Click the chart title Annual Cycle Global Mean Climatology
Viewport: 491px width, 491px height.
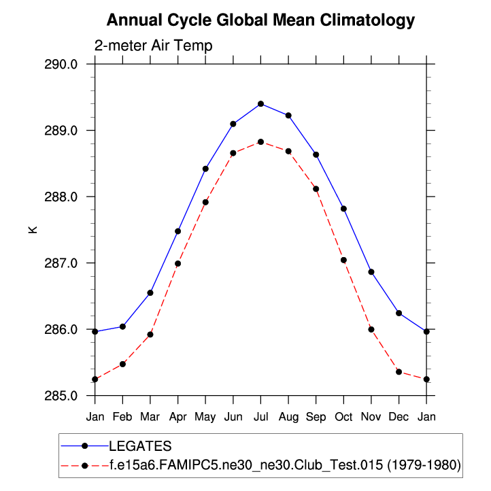pos(260,20)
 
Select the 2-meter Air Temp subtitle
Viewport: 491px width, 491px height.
pos(154,46)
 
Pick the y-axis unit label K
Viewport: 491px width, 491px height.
pos(32,230)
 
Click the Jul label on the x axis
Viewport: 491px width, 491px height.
pos(260,416)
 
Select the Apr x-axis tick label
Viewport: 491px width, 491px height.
pos(178,416)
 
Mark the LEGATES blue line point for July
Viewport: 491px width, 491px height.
pos(260,103)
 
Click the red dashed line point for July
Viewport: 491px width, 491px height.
pos(260,142)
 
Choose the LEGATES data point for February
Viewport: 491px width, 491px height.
pos(122,326)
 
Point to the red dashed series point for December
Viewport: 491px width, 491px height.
pos(399,372)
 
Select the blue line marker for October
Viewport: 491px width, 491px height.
pos(343,209)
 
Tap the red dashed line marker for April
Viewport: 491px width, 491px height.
pos(178,264)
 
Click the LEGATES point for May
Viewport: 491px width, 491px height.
pos(205,169)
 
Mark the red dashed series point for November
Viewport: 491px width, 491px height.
pos(371,329)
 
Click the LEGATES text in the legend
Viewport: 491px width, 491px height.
pos(140,446)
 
